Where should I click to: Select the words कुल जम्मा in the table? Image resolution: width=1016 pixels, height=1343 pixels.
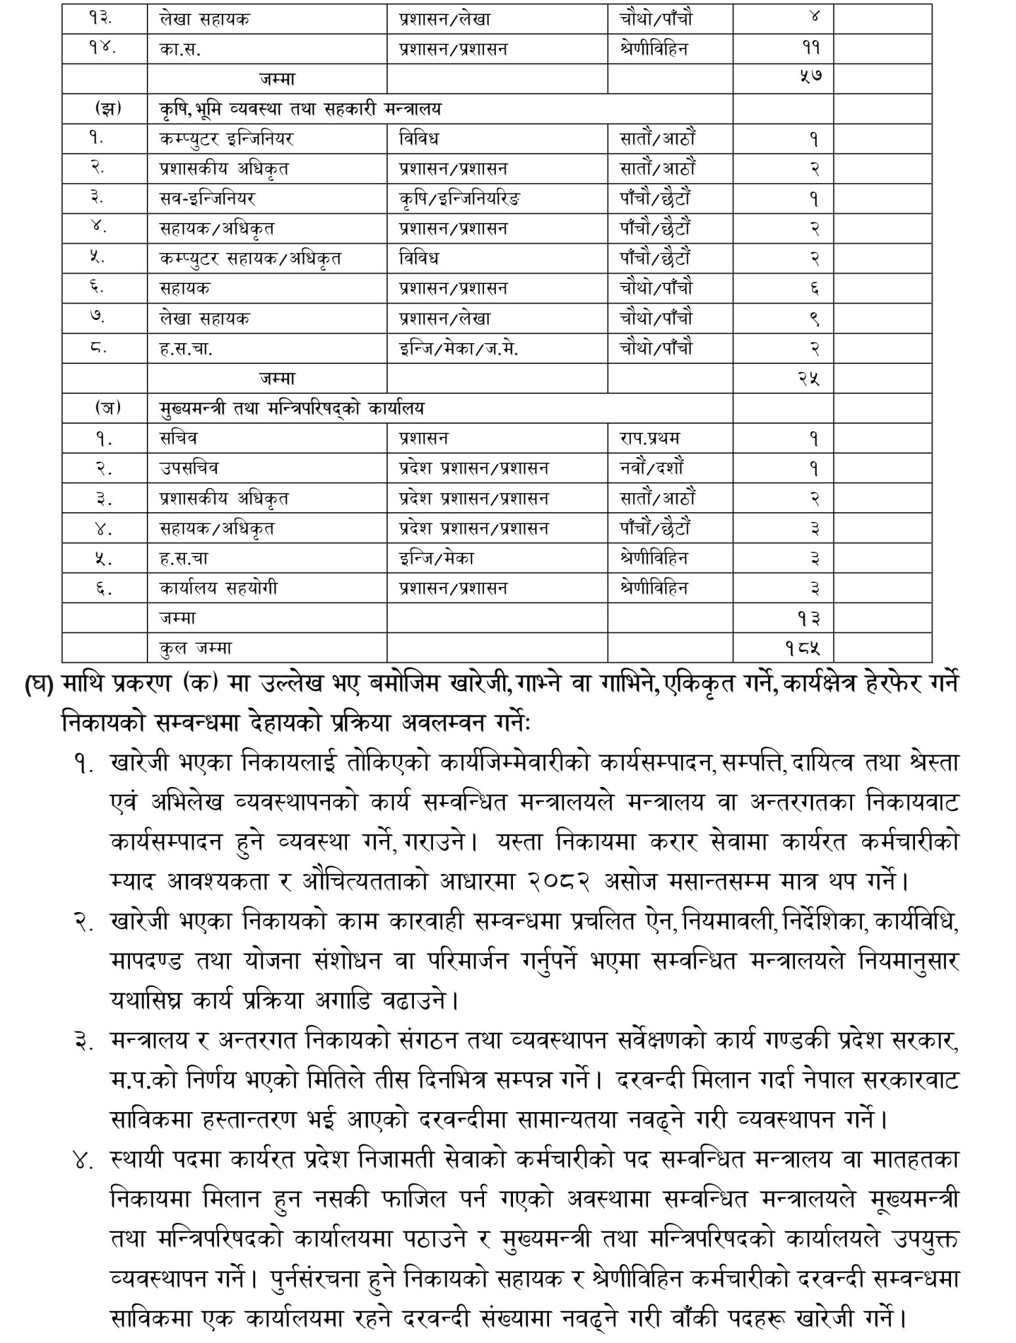(195, 649)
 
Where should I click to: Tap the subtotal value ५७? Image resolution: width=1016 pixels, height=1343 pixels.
(807, 78)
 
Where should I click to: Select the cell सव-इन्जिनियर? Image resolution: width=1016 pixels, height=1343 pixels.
(207, 199)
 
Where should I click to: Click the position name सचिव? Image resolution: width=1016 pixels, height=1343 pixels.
(178, 438)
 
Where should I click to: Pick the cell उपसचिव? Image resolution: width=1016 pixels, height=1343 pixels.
(189, 468)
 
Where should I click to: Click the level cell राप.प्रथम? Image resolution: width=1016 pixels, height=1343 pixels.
(649, 438)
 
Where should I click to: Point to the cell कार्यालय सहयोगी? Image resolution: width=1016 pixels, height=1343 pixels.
(218, 588)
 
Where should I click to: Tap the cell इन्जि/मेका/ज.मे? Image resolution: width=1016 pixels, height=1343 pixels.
(458, 349)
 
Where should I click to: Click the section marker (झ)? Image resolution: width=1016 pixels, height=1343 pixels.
(105, 109)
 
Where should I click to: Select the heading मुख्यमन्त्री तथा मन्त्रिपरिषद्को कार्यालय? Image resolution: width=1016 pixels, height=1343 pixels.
(292, 409)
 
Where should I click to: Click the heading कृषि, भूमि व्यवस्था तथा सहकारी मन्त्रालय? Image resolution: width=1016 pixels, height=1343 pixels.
(300, 109)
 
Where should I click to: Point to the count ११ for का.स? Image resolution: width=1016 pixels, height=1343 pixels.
(809, 49)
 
